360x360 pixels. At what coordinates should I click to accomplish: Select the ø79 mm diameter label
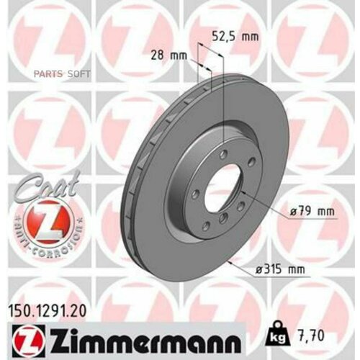[315, 211]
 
